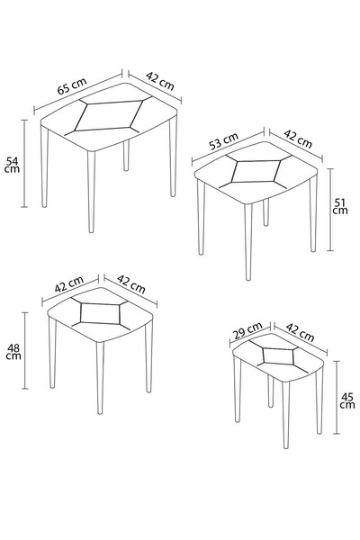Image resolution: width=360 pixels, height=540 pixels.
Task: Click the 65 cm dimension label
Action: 72,86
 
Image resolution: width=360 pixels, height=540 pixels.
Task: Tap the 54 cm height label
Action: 12,165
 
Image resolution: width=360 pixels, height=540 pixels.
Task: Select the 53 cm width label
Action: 224,141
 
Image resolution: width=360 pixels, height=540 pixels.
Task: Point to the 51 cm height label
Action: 340,206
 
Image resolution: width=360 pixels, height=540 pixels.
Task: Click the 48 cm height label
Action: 13,352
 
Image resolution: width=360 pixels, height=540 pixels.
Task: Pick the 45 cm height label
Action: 346,400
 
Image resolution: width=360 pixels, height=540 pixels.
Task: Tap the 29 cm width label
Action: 247,330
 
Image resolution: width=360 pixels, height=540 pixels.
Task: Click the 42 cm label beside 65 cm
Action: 160,81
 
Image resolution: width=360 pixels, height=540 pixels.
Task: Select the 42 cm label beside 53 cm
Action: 298,139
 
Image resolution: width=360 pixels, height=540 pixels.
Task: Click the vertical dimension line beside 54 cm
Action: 24,164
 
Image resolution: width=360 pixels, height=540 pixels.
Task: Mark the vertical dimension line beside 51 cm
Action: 330,210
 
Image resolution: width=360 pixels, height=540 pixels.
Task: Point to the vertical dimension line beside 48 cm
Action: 25,351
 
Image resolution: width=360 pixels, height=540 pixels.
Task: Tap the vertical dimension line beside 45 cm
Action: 337,398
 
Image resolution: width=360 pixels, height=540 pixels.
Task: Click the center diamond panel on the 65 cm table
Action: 109,116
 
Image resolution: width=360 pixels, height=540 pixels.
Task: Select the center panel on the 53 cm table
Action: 256,171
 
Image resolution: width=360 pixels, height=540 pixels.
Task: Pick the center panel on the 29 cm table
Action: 279,355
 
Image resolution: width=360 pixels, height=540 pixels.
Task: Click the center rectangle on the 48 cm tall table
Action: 100,313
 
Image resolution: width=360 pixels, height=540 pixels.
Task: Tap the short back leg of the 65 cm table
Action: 126,156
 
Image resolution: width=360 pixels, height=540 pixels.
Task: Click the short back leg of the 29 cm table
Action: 271,391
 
